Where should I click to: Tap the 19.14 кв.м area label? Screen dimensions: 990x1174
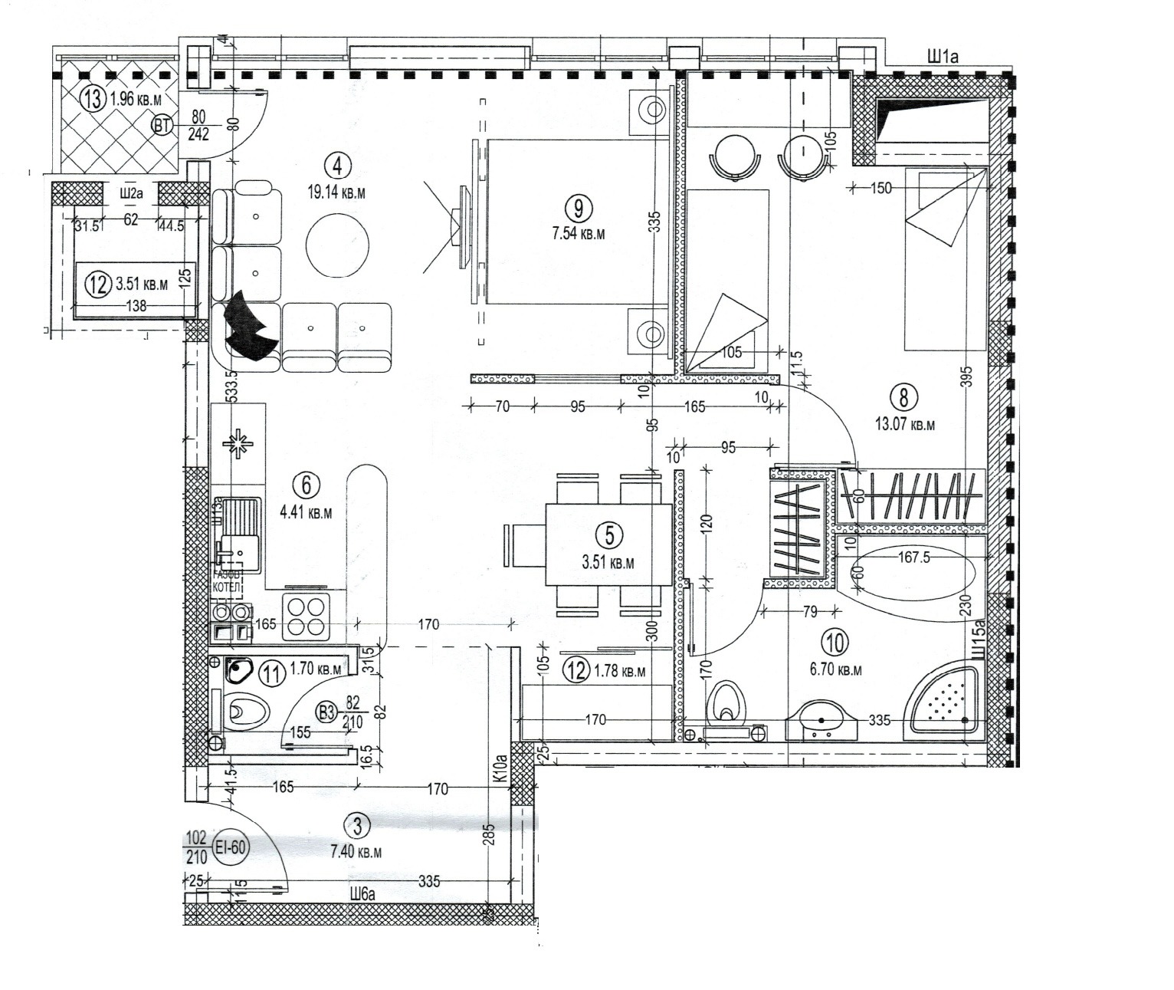[x=336, y=192]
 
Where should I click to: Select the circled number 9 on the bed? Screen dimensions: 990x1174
[x=576, y=206]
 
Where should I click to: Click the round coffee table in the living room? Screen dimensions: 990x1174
[x=336, y=245]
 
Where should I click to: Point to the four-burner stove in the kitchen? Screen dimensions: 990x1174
[x=307, y=617]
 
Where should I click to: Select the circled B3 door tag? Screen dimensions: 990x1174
[x=327, y=712]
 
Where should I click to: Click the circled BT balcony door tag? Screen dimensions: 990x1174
[x=162, y=125]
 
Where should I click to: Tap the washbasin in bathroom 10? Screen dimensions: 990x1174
[x=822, y=721]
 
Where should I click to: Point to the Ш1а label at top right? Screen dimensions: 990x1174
[x=943, y=56]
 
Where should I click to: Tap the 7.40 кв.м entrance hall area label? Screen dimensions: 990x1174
[x=356, y=852]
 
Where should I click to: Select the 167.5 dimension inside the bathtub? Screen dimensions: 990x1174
[x=913, y=557]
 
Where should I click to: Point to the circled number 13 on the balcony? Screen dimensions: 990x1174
[x=93, y=100]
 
